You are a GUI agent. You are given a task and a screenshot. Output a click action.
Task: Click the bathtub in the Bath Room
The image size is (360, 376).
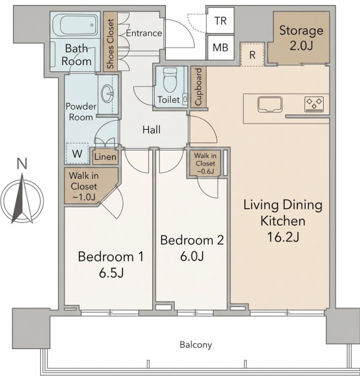point(75,25)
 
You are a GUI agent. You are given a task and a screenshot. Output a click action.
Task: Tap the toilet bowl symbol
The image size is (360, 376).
point(170,80)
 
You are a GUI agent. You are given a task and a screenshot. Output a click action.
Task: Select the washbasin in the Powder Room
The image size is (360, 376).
point(107,94)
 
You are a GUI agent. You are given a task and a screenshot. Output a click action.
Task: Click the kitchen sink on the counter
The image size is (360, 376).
point(270,105)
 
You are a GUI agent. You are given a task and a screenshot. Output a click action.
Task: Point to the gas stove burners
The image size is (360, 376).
point(314,104)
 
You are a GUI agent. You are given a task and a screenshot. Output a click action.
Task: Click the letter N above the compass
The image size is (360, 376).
point(22,164)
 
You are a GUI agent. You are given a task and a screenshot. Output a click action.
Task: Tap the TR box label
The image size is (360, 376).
point(220,21)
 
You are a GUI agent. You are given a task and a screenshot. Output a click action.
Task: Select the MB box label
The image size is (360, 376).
point(220,48)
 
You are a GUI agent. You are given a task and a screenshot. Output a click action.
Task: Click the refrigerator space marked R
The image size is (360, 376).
point(252,55)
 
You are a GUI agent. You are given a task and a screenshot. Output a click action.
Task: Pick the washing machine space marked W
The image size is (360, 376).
point(77,154)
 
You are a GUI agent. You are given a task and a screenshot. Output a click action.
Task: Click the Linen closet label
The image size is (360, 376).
point(105,157)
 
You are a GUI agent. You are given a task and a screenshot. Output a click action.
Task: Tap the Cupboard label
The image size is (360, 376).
point(198,87)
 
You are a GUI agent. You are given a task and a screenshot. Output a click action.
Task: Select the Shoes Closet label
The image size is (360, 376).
point(110,44)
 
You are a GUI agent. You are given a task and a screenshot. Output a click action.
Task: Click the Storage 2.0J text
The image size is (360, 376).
point(301,38)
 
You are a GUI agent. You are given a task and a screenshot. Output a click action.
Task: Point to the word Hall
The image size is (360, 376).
point(152,130)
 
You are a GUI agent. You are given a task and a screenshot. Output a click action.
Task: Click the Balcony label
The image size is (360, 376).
point(196,345)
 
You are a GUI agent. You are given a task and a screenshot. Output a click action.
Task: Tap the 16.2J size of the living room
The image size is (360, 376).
point(283,237)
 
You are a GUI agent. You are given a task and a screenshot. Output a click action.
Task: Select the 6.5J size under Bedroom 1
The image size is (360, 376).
point(111,273)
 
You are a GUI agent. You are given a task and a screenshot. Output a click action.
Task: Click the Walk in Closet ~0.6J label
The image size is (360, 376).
point(205,164)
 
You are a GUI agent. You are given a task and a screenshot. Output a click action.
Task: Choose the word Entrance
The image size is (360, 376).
point(144,33)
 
